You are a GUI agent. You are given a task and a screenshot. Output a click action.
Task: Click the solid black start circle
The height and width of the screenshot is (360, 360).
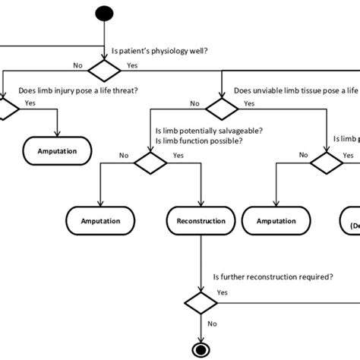(x=103, y=14)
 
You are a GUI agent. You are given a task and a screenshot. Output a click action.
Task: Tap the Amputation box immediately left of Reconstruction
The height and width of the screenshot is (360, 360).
(x=101, y=221)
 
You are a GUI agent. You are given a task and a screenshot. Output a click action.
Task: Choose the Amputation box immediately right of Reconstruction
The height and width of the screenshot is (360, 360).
(x=276, y=221)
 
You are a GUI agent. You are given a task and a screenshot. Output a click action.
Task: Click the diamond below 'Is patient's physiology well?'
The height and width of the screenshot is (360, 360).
(x=103, y=71)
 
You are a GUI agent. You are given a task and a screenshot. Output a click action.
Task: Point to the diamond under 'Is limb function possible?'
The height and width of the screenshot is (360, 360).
(x=150, y=162)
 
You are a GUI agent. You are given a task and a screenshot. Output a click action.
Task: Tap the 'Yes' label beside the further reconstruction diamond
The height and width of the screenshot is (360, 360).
(x=223, y=292)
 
